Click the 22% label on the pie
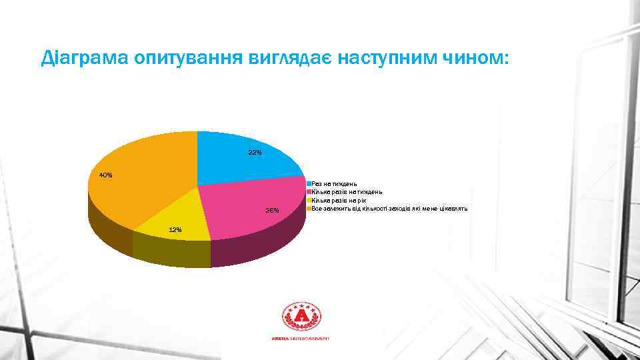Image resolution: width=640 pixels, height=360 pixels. (255, 153)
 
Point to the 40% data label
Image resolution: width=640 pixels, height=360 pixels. (105, 175)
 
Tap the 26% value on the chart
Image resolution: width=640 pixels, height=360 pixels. (272, 211)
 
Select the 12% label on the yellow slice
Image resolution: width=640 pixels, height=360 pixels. (175, 229)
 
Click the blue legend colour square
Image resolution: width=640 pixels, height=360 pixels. (309, 183)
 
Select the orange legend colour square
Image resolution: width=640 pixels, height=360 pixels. (309, 209)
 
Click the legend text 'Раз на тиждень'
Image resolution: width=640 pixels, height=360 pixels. (335, 183)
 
